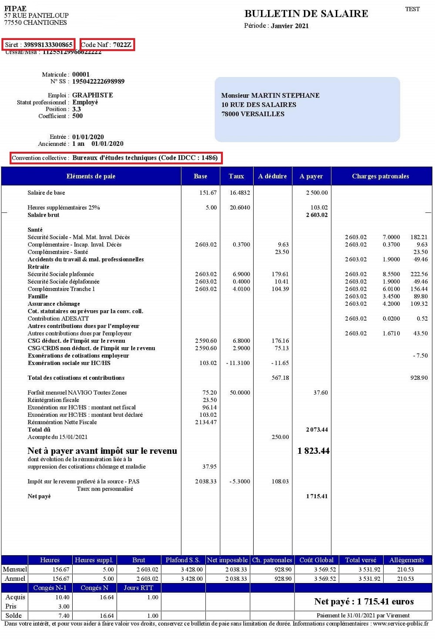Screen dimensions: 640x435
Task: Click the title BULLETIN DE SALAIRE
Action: coord(306,13)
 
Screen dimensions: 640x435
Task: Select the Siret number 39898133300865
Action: coord(48,45)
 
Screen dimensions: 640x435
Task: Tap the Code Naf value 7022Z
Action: coord(122,45)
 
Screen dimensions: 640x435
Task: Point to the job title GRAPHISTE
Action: coord(92,95)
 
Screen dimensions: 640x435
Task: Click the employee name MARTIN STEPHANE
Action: coord(285,96)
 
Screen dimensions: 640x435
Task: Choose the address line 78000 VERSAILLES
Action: coord(253,114)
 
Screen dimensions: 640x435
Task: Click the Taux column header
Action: coord(236,176)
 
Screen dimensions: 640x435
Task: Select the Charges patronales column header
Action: coord(380,176)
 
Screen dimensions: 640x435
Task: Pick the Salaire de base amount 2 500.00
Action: coord(317,193)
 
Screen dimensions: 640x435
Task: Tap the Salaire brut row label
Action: coord(43,215)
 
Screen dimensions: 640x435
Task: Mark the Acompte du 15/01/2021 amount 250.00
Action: coord(280,437)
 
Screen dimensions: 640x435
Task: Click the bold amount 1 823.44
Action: coord(313,451)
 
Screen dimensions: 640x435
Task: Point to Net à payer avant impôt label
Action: coord(102,451)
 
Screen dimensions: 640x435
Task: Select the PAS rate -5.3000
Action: coord(240,481)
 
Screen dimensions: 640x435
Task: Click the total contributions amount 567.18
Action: coord(280,378)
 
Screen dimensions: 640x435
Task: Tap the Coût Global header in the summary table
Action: coord(316,560)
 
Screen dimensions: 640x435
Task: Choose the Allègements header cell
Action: coord(406,560)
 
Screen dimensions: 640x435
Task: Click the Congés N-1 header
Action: coord(50,588)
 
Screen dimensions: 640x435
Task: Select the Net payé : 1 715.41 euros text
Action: coord(364,602)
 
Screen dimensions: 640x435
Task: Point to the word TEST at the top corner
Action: coord(412,9)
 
